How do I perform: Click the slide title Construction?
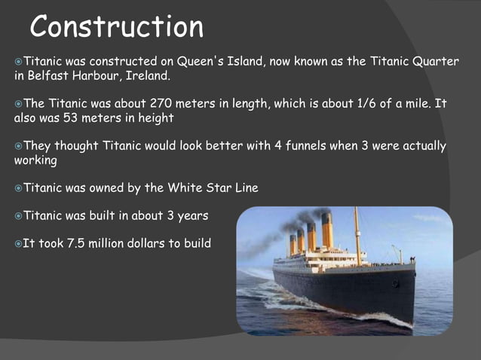tap(117, 27)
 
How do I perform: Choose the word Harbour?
tap(103, 76)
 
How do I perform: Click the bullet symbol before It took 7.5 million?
tap(18, 243)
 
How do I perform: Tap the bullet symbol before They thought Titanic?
tap(18, 145)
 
